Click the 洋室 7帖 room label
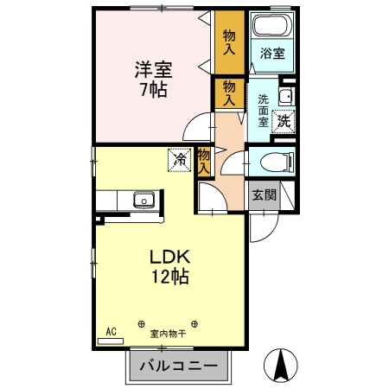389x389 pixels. point(154,80)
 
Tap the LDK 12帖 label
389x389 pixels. point(170,266)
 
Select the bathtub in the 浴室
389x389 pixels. point(271,25)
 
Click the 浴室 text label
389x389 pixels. point(272,54)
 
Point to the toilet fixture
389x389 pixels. point(277,162)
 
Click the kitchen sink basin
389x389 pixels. point(143,200)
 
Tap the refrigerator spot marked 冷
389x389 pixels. point(180,160)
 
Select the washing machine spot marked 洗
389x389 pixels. point(284,122)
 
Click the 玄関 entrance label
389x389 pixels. point(265,195)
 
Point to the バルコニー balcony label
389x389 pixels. point(179,367)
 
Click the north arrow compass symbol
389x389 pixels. point(281,365)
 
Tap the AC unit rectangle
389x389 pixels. point(111,341)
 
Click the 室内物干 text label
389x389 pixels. point(168,334)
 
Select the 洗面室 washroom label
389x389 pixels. point(263,111)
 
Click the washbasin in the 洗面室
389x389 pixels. point(286,96)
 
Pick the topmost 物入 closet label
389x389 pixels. point(229,42)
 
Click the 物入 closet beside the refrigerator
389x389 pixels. point(204,162)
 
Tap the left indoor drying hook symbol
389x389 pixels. point(141,324)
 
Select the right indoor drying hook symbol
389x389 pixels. point(194,324)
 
